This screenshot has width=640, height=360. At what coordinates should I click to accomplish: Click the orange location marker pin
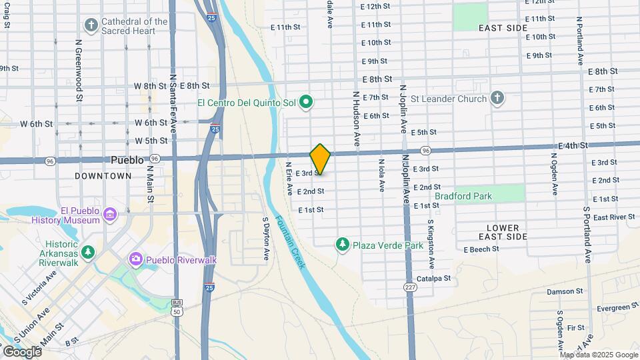coord(320,159)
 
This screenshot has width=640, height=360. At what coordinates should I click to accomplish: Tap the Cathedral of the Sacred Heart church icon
coord(91,25)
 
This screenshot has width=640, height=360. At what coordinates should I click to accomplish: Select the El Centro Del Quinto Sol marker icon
coord(307,102)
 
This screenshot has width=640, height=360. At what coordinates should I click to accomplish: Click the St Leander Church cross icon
coord(496,99)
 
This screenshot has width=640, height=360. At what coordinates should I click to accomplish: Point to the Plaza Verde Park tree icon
coord(343,245)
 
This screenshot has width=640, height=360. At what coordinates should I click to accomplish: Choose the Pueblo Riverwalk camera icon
coord(136,259)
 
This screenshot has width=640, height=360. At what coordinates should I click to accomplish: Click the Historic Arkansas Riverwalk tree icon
coord(87,253)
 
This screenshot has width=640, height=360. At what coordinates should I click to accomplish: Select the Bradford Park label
coord(463,196)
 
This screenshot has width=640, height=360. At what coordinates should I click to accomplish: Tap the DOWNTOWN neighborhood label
coord(103,176)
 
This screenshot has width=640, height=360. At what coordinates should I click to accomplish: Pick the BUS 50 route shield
coord(177,307)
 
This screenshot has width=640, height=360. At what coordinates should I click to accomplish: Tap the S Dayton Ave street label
coord(265,238)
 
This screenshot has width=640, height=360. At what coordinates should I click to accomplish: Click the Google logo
coord(22,351)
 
